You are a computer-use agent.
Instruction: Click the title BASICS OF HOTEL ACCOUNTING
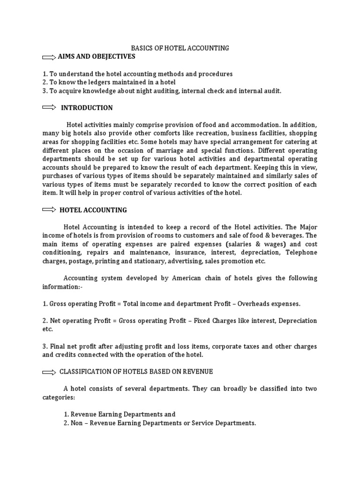[x=180, y=48]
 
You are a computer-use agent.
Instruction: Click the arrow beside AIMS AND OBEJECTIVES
[x=49, y=57]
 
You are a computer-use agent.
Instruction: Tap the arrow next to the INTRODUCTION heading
[x=49, y=107]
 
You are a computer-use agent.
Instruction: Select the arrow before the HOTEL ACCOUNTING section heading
[x=49, y=210]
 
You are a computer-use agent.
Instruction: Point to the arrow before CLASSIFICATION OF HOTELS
[x=49, y=372]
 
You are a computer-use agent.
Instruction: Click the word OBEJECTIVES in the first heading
[x=112, y=57]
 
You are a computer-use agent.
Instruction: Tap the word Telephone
[x=301, y=253]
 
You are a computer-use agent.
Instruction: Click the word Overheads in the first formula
[x=253, y=304]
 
